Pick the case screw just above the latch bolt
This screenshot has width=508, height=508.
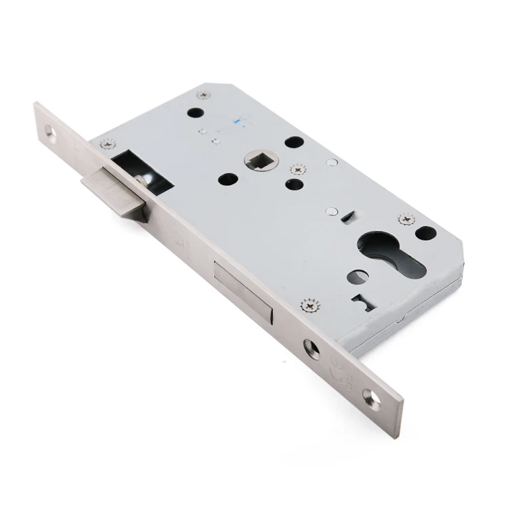click(106, 143)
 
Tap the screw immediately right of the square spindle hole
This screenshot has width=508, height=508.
click(296, 169)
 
